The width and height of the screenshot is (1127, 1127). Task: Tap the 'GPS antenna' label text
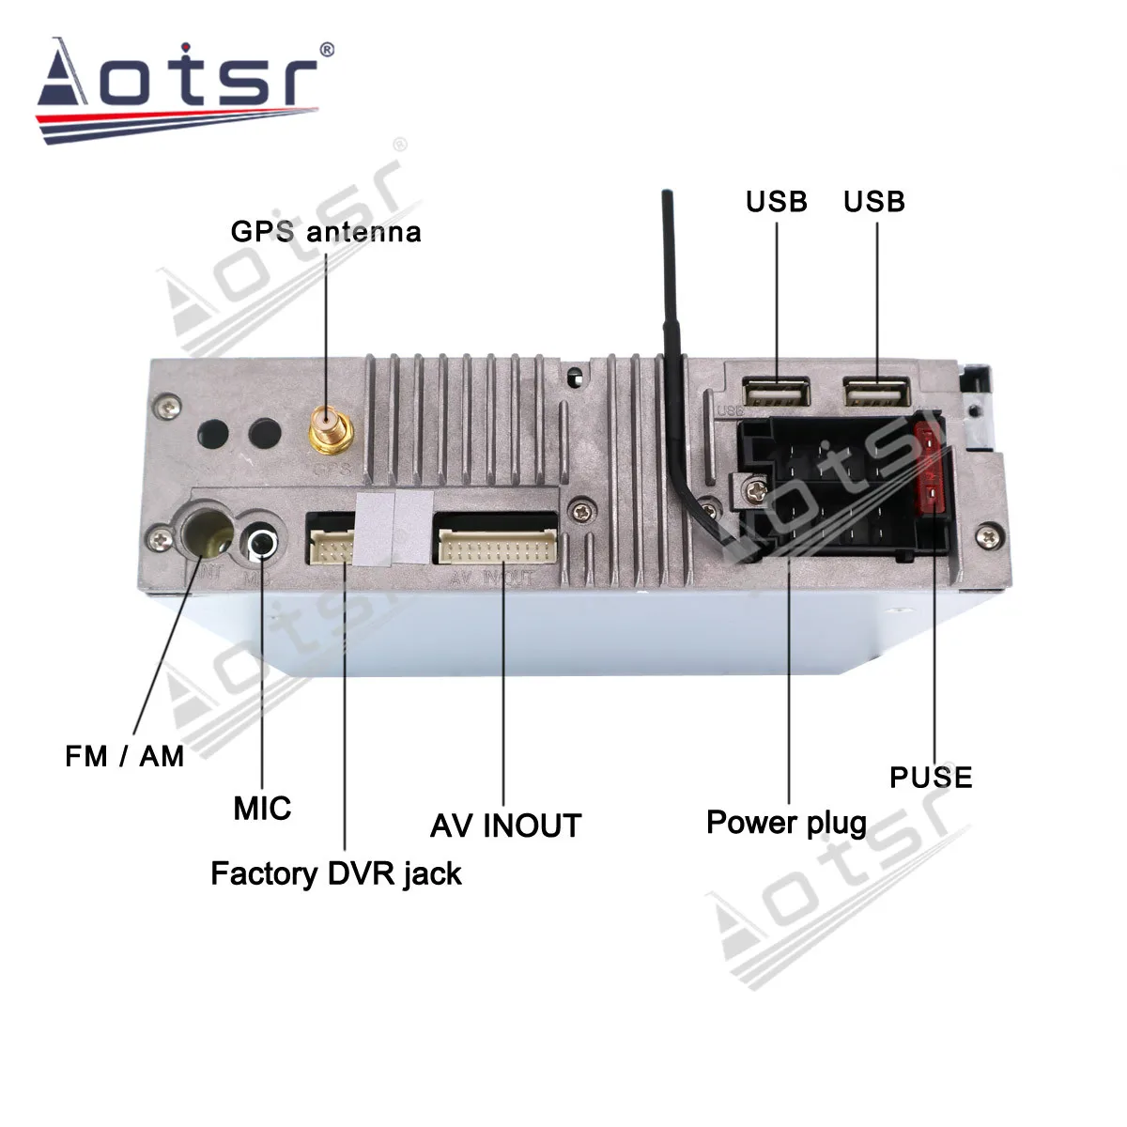[326, 232]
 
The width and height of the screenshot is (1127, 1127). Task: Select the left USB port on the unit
[777, 392]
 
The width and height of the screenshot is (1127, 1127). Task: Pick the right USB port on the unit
[876, 392]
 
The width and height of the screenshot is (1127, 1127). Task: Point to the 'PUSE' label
[931, 778]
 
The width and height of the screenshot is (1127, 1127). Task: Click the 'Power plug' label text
[786, 823]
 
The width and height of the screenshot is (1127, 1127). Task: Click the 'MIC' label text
[262, 808]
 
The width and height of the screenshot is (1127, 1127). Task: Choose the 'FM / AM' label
[125, 756]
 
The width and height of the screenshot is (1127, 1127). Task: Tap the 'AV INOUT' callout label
[505, 826]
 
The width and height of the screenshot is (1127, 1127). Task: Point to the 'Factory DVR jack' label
[336, 873]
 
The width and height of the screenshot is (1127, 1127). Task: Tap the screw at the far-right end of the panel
[987, 537]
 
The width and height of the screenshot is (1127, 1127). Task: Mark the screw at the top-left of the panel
[168, 405]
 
